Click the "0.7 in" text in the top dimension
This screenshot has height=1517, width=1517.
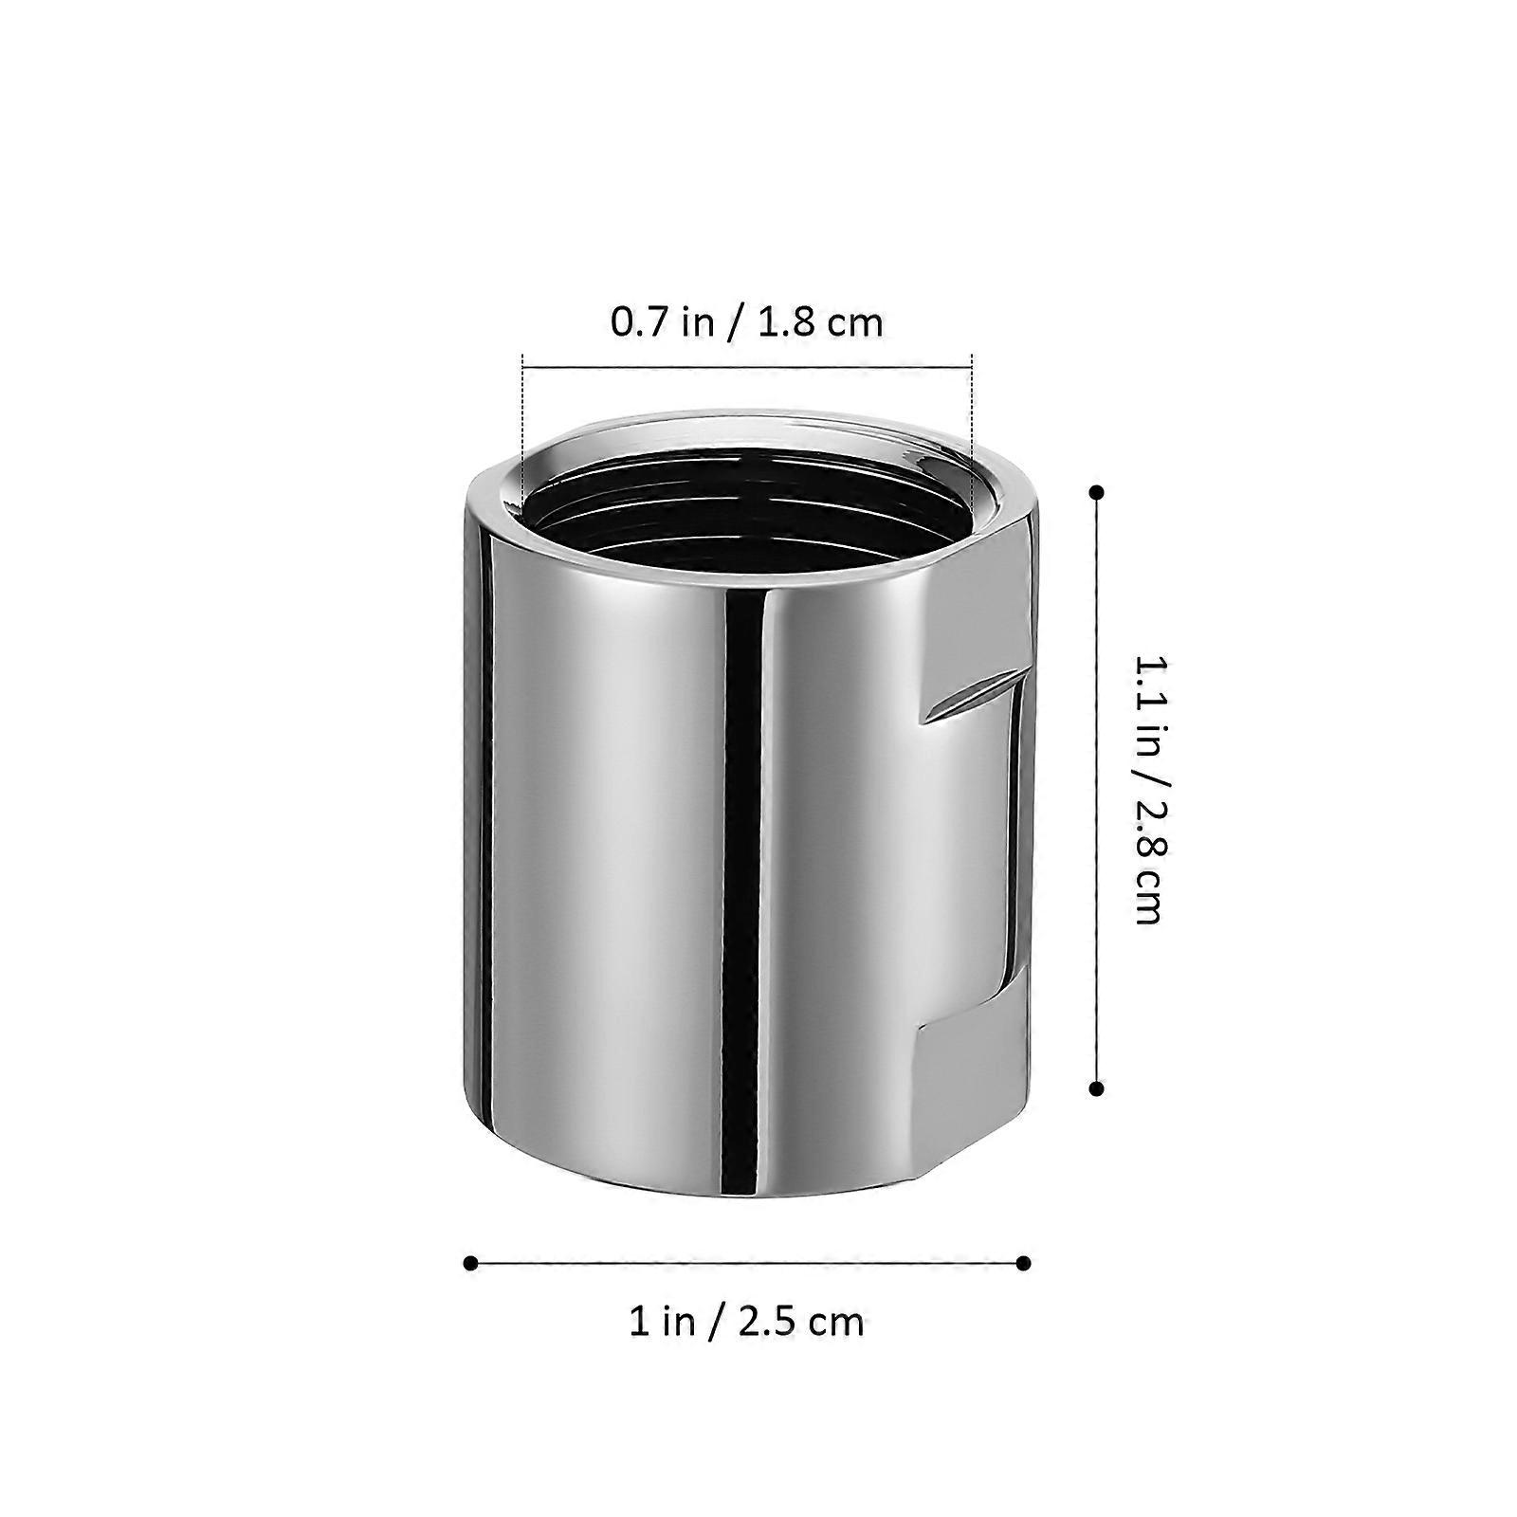click(x=661, y=322)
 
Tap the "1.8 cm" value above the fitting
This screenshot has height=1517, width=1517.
click(x=821, y=322)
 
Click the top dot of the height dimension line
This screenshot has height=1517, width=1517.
click(x=1097, y=492)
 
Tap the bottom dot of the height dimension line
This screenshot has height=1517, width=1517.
click(x=1097, y=1089)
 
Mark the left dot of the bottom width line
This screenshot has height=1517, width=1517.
click(x=470, y=1263)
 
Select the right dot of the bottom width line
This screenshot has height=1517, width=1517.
click(x=1023, y=1263)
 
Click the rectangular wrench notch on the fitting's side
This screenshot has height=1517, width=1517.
click(x=972, y=853)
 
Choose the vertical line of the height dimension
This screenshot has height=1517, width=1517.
click(x=1097, y=791)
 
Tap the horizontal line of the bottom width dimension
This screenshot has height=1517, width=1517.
click(x=747, y=1263)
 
